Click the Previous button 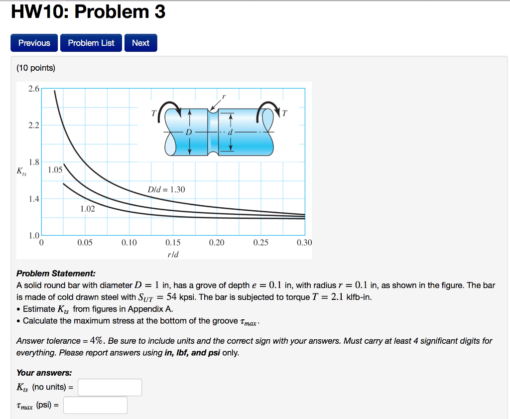point(34,43)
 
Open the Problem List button point(91,43)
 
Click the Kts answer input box point(110,387)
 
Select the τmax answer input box point(95,405)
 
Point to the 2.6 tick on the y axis point(34,89)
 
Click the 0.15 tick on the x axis point(173,243)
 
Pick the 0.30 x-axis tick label point(304,243)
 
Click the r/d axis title point(172,255)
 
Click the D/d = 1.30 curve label point(166,189)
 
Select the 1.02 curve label point(87,209)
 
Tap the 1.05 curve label point(55,169)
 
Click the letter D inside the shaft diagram point(188,132)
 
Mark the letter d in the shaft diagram point(230,132)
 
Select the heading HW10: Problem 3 point(88,11)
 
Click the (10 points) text point(36,68)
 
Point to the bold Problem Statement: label point(56,274)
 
